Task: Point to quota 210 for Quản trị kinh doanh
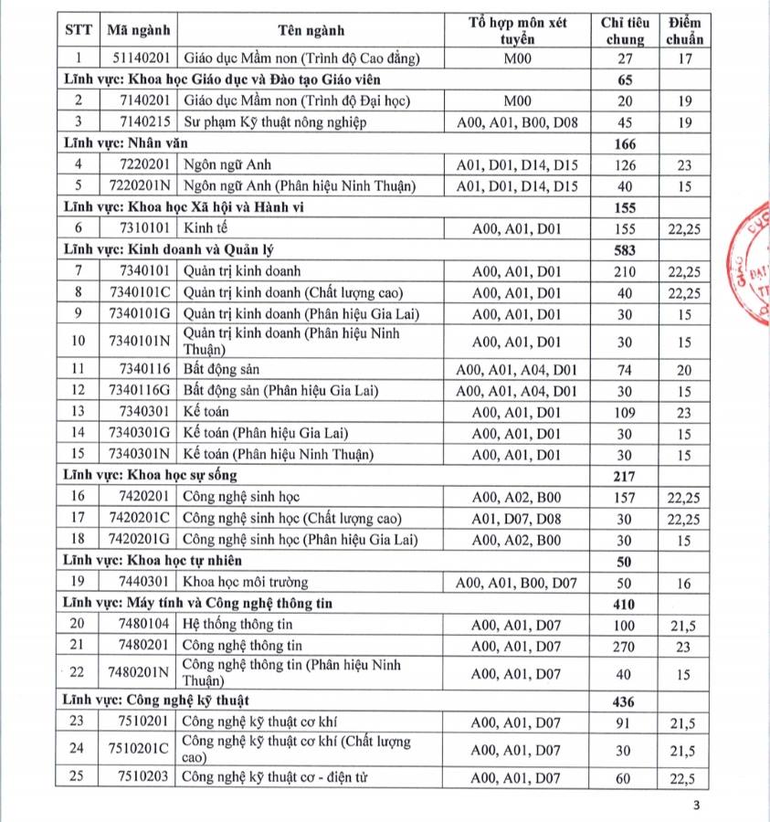pos(624,271)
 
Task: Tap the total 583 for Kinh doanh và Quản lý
pos(624,249)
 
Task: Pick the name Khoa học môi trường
pos(246,582)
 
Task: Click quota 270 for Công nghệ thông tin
pos(624,646)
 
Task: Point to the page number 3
pos(697,805)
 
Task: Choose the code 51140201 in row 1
pos(138,58)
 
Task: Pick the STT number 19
pos(78,582)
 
